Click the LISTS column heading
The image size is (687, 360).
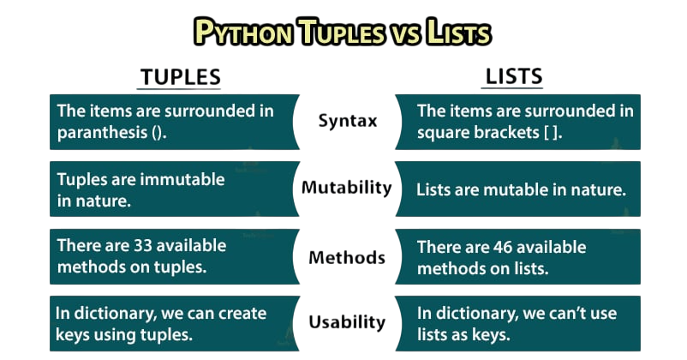pyautogui.click(x=513, y=77)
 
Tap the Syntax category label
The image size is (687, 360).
pyautogui.click(x=347, y=121)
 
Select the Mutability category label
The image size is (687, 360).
pyautogui.click(x=347, y=188)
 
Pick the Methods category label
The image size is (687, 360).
pyautogui.click(x=347, y=257)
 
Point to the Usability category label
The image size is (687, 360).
pyautogui.click(x=347, y=322)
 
